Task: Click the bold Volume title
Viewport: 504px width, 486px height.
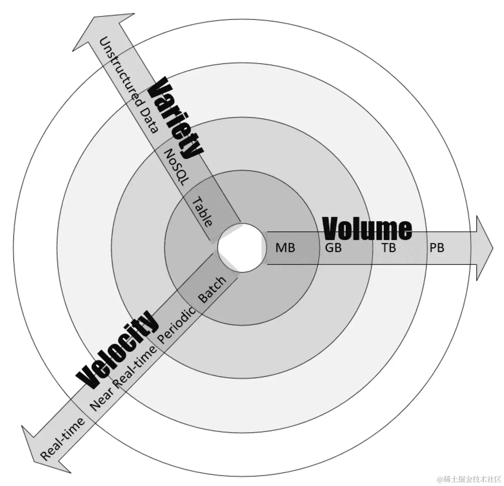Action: pos(367,229)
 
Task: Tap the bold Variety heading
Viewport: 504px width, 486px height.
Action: pos(174,118)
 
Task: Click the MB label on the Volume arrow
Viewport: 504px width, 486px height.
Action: pos(285,248)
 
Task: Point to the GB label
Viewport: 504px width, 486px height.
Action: pos(333,248)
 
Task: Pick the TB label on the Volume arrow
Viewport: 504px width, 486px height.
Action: pos(389,248)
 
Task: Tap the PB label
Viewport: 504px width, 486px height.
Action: pos(436,248)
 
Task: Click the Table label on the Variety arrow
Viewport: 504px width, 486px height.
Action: pos(202,212)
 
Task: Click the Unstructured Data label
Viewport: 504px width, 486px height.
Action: pos(128,85)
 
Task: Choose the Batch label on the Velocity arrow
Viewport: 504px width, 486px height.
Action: pos(212,290)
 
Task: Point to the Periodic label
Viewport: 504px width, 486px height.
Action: pos(176,325)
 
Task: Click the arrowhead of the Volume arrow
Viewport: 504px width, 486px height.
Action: pos(484,248)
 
